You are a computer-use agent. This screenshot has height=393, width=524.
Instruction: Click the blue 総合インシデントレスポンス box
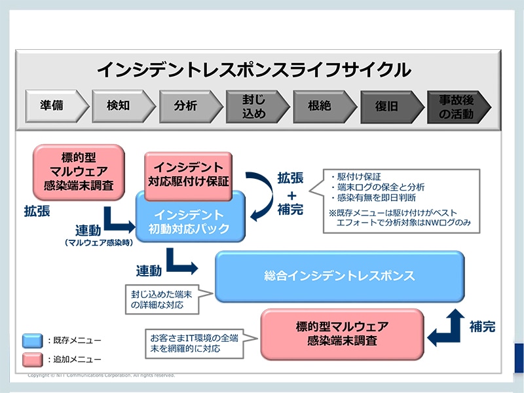coord(339,276)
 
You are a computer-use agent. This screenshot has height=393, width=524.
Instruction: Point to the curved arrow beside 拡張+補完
coord(260,196)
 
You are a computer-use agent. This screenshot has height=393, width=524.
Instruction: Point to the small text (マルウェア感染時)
coord(96,243)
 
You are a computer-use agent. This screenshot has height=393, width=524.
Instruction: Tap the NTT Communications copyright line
coord(102,375)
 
